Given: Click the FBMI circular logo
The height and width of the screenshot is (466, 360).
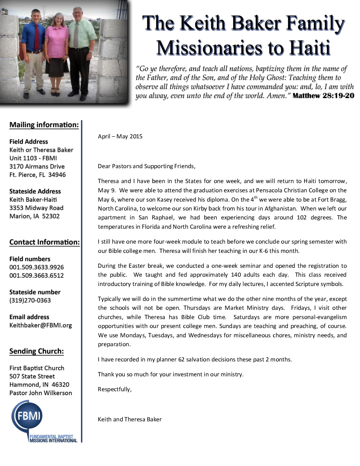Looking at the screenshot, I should (x=27, y=416).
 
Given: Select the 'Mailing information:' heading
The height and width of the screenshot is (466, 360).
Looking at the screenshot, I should (x=44, y=125).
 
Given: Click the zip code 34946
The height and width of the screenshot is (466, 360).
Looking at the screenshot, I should (x=57, y=175).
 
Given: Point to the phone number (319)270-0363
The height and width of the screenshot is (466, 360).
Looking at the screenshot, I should (x=30, y=301).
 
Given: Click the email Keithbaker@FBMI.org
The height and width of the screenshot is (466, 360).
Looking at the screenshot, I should (x=40, y=325).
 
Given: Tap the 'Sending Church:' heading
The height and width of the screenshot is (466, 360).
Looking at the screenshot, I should (x=36, y=351).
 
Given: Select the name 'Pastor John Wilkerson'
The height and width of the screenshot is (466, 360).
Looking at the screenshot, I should (x=41, y=393).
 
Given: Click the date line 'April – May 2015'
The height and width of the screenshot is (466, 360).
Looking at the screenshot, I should (x=120, y=136).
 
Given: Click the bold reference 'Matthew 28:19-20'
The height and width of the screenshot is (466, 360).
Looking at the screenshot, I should (x=323, y=96).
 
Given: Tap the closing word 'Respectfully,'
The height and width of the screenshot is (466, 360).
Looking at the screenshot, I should (x=114, y=389).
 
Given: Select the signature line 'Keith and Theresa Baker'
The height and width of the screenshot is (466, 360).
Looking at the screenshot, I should (x=130, y=419).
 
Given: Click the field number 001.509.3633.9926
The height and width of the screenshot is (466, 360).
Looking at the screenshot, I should (x=36, y=267).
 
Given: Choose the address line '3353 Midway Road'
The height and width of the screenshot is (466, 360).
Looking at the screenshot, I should (x=36, y=208).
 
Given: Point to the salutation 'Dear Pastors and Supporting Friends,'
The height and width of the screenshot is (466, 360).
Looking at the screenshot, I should (x=147, y=166).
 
